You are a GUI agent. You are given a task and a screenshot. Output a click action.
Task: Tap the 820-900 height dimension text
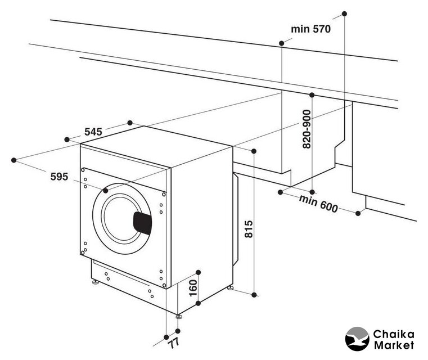click(x=307, y=128)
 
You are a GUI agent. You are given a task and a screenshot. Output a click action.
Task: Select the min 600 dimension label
click(x=318, y=203)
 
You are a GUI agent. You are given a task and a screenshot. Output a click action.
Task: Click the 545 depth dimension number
click(x=93, y=132)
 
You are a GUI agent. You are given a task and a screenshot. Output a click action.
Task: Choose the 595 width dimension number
click(x=59, y=177)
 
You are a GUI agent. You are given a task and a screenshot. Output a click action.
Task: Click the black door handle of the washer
click(x=142, y=223)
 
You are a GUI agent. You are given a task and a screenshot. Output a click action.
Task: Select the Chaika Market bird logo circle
click(x=358, y=340)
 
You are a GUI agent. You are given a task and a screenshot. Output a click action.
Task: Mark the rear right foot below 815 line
click(x=231, y=289)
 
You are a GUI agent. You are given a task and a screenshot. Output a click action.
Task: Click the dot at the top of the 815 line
click(x=255, y=151)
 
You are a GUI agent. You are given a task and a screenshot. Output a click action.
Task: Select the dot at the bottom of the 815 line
click(x=255, y=294)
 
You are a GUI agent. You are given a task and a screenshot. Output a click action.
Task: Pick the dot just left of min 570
click(x=281, y=42)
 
